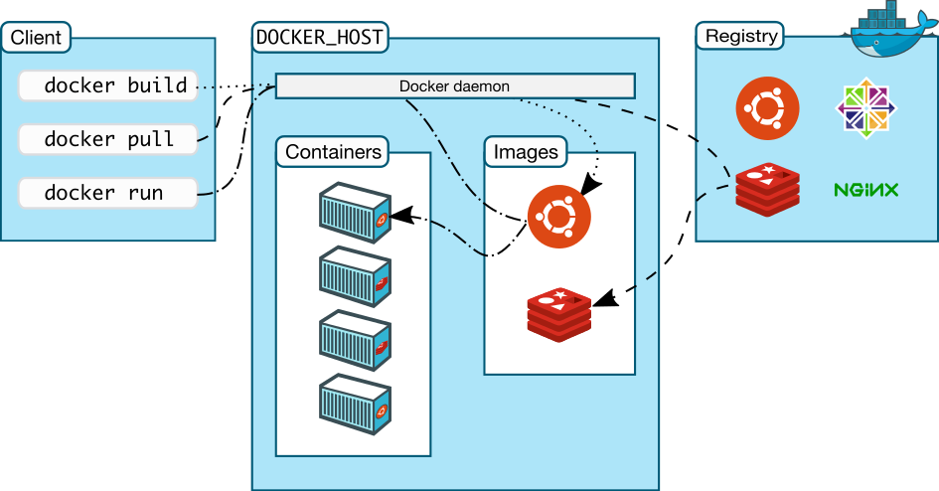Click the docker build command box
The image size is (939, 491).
pos(107,86)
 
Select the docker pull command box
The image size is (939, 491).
pos(107,139)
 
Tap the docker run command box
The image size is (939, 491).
pos(107,193)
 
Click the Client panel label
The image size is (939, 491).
pos(37,38)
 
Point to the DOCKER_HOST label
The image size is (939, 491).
pos(319,38)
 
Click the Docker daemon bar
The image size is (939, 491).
pos(454,86)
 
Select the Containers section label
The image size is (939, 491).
pos(333,152)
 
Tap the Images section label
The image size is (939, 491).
pos(526,152)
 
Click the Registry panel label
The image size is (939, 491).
pos(740,37)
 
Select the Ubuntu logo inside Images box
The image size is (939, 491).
pos(558,216)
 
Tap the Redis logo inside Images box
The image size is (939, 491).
pos(558,313)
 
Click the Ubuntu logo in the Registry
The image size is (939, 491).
pos(768,108)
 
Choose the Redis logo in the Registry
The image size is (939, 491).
pos(768,190)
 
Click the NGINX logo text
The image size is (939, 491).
pos(866,189)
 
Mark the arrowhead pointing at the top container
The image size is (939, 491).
pos(398,213)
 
